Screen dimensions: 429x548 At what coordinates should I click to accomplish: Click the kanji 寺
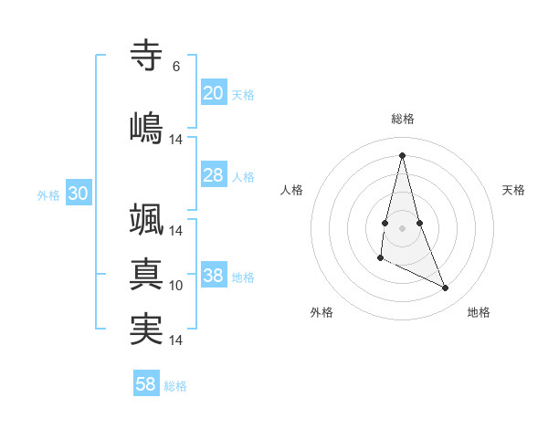click(x=147, y=56)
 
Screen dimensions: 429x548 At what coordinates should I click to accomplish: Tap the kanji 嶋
click(x=147, y=127)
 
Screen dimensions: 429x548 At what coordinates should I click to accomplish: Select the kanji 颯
click(x=147, y=220)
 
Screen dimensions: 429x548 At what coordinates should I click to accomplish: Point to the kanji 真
click(x=147, y=275)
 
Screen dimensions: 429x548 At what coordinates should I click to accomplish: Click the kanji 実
click(x=147, y=330)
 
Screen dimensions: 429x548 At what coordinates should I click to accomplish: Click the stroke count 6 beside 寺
click(x=176, y=67)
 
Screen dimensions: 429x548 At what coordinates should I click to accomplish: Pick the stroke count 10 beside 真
click(x=176, y=286)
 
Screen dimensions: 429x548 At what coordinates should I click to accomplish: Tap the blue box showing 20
click(x=214, y=93)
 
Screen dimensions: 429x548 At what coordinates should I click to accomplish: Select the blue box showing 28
click(x=214, y=175)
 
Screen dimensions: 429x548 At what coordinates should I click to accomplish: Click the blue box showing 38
click(x=214, y=276)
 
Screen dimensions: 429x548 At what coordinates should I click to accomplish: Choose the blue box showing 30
click(x=78, y=194)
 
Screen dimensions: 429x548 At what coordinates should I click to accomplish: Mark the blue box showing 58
click(x=146, y=384)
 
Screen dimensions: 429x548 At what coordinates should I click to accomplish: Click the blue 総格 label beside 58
click(x=175, y=386)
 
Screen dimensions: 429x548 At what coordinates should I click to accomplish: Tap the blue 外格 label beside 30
click(x=48, y=195)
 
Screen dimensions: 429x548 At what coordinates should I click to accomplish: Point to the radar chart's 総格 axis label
click(x=403, y=119)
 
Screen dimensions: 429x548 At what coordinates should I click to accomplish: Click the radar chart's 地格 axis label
click(x=479, y=312)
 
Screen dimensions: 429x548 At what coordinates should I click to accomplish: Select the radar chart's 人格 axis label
click(x=291, y=190)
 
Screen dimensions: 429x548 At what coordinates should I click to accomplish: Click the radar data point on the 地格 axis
click(x=446, y=288)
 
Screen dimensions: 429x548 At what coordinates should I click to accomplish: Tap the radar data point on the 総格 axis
click(x=403, y=154)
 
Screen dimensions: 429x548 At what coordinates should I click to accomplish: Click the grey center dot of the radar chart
click(x=403, y=227)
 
